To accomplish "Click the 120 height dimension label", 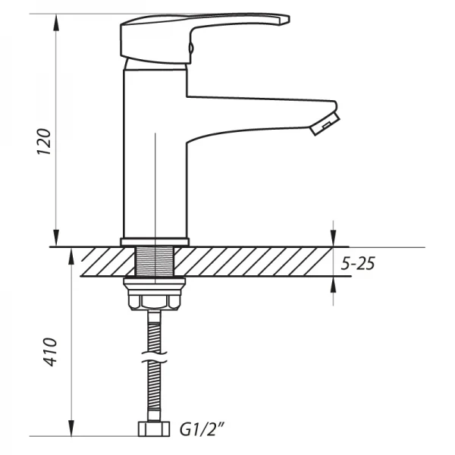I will [x=45, y=141].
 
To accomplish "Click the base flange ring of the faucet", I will [x=154, y=242].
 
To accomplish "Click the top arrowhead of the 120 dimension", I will [x=56, y=20].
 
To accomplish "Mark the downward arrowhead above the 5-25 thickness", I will [x=334, y=240].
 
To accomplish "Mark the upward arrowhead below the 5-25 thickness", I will [x=334, y=283].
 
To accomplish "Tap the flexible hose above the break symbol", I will [x=154, y=326].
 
